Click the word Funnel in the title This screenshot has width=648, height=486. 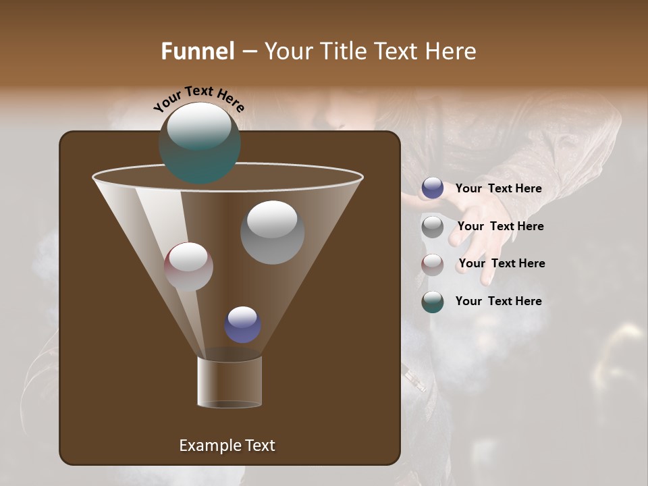pos(197,51)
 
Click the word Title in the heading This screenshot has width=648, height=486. pos(344,51)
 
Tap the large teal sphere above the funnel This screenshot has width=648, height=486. pos(199,142)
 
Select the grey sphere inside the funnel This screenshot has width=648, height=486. pos(272,232)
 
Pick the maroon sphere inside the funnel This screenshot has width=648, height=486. pos(188,267)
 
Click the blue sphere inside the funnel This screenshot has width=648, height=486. pos(243,325)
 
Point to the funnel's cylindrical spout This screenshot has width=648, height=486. pos(230,382)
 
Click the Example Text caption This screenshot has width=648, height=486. pos(227,446)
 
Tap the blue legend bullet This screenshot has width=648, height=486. pos(433,188)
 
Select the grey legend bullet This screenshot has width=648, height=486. pos(433,227)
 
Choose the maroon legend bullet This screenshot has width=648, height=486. pos(433,264)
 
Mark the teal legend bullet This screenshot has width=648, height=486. pos(433,302)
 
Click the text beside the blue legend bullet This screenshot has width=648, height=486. pos(498,188)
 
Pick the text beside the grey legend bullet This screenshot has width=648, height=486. pos(500,226)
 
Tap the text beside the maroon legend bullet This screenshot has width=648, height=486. pos(502,263)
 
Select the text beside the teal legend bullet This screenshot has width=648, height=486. pos(498,301)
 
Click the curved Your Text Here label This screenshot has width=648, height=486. pos(199,98)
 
